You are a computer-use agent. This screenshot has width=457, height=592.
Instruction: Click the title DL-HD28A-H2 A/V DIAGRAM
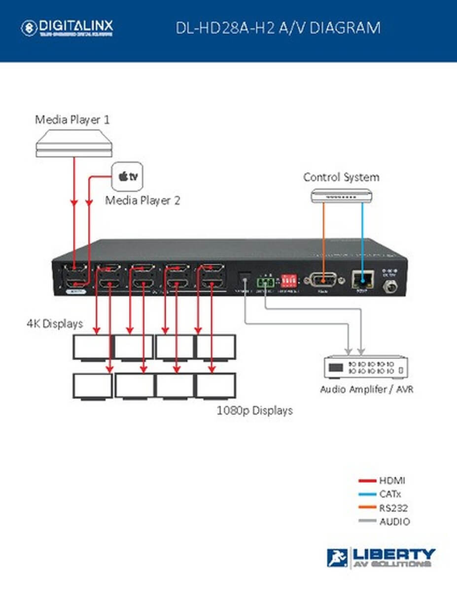point(278,28)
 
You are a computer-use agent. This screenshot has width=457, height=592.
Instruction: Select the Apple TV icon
point(128,177)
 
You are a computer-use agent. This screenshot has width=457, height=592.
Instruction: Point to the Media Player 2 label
point(143,201)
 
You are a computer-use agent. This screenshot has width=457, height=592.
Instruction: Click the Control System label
point(341,177)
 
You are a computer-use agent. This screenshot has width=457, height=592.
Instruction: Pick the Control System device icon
point(341,196)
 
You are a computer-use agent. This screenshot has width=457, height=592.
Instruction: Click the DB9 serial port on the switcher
point(322,280)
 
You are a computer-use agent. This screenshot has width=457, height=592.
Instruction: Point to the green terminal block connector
point(265,282)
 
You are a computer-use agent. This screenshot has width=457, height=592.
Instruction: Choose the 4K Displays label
point(54,324)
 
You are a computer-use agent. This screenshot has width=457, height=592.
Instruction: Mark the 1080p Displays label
point(255,410)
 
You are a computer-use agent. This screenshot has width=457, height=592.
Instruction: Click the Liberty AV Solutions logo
point(381,557)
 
